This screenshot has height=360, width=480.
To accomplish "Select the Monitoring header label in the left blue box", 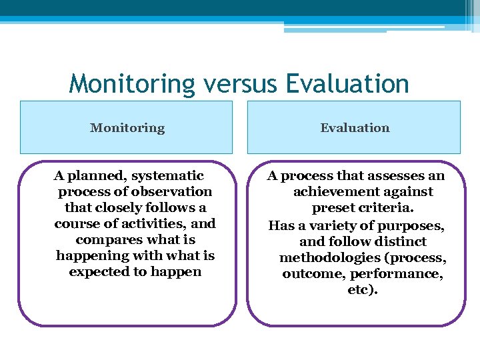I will point(127,127).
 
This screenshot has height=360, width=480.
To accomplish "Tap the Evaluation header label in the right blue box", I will point(355,127).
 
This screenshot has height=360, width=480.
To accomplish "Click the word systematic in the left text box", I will point(167,176).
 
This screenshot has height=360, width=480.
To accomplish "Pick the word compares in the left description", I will point(105,240).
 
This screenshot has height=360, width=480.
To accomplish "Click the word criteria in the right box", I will point(386,208).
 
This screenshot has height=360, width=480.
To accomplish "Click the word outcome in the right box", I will point(309,274).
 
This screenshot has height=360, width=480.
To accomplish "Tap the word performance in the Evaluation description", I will point(405,274).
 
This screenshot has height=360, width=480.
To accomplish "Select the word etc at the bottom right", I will point(361,290).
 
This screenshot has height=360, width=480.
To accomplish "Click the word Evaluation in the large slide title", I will point(347,85).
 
